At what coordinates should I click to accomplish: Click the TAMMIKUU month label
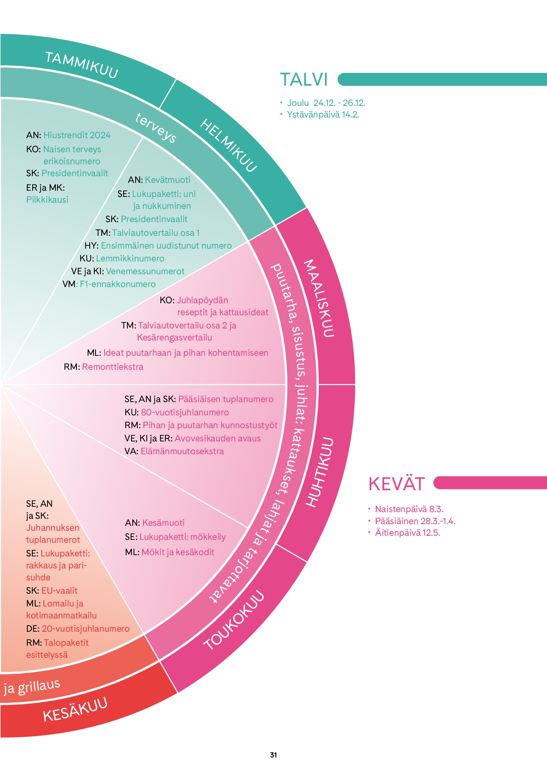(x=81, y=65)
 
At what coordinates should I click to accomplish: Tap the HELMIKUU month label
(x=229, y=145)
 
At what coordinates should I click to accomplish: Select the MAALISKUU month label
(x=319, y=298)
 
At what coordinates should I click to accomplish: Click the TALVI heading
(x=304, y=79)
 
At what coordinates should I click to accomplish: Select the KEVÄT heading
(x=397, y=484)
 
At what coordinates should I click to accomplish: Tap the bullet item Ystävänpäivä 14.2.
(x=323, y=115)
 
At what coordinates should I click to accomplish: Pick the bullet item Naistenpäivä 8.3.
(x=409, y=509)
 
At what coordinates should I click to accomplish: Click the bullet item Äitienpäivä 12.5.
(x=407, y=532)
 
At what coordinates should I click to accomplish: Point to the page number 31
(x=273, y=755)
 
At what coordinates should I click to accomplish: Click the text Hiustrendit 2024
(x=77, y=135)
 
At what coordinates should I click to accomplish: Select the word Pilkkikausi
(x=47, y=200)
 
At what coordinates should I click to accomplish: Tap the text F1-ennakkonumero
(x=118, y=284)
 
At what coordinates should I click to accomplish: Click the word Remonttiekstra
(x=112, y=367)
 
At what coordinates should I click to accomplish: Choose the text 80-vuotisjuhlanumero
(x=185, y=412)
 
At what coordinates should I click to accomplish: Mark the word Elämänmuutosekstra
(x=182, y=451)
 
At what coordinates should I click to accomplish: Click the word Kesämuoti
(x=163, y=523)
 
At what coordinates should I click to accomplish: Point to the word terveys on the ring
(x=156, y=127)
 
